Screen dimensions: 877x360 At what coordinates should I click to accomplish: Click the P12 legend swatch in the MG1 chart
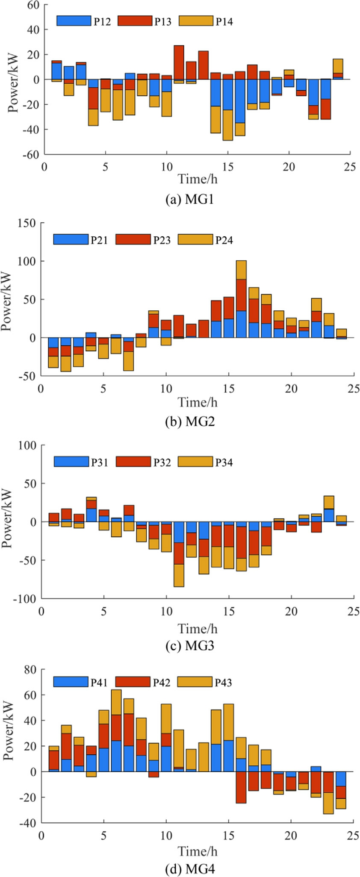coord(74,21)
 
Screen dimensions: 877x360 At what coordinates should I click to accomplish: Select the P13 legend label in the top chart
coord(162,21)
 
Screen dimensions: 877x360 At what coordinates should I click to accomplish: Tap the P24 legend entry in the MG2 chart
coord(224,240)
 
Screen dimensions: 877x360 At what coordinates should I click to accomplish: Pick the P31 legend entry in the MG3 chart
coord(99,462)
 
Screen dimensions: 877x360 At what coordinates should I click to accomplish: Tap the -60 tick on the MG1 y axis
coord(31,154)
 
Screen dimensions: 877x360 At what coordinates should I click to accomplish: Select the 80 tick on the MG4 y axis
coord(31,670)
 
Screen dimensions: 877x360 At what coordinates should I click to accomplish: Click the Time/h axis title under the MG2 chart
coord(198,402)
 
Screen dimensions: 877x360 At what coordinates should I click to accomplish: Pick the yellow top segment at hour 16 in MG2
coord(241,270)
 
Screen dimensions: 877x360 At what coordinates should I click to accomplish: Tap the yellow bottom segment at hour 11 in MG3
coord(179,575)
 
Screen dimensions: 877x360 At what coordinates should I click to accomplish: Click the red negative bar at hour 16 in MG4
coord(241,787)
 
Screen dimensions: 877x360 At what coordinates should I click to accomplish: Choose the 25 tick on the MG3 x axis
coord(353,611)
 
